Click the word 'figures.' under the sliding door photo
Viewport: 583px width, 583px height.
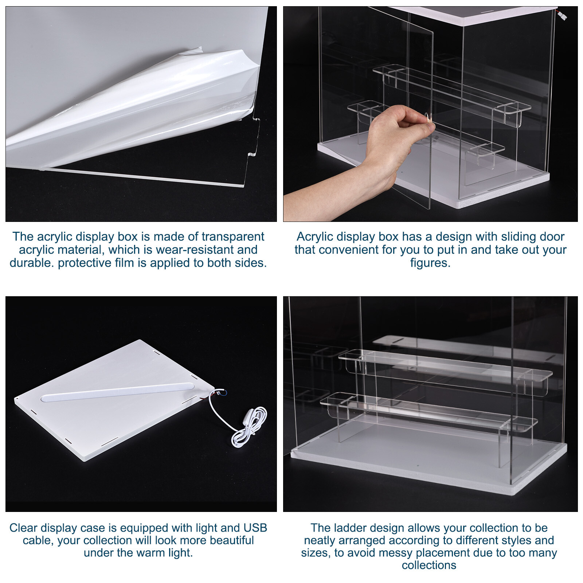pos(430,263)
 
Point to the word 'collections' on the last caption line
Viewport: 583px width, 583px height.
pos(429,565)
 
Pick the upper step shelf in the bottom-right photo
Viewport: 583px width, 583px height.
pos(445,364)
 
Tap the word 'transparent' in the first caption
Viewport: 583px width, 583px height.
pos(233,236)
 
